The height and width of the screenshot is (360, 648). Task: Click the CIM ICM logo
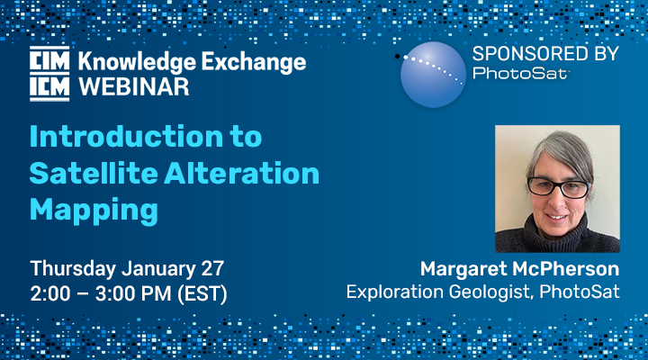coord(49,74)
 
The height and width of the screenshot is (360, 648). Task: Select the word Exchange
coord(254,62)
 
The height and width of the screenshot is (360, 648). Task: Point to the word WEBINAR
coord(133,87)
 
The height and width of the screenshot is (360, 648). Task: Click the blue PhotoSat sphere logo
coord(433,75)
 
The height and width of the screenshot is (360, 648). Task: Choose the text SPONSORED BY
coord(545,54)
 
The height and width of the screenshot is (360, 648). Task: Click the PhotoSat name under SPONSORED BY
coord(521,73)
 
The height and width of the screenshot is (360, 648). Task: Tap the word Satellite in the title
coord(94,173)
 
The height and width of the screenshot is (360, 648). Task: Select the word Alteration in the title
coord(242,173)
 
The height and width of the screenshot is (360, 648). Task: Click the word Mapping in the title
coord(94,211)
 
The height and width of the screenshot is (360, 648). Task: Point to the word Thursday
coord(73,269)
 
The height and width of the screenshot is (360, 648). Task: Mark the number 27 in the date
coord(212,269)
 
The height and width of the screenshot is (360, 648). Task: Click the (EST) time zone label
coord(202,294)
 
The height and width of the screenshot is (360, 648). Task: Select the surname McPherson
coord(566,269)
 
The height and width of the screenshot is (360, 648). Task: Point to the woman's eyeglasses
coord(559,187)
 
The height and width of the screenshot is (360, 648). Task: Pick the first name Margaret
coord(464,270)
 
